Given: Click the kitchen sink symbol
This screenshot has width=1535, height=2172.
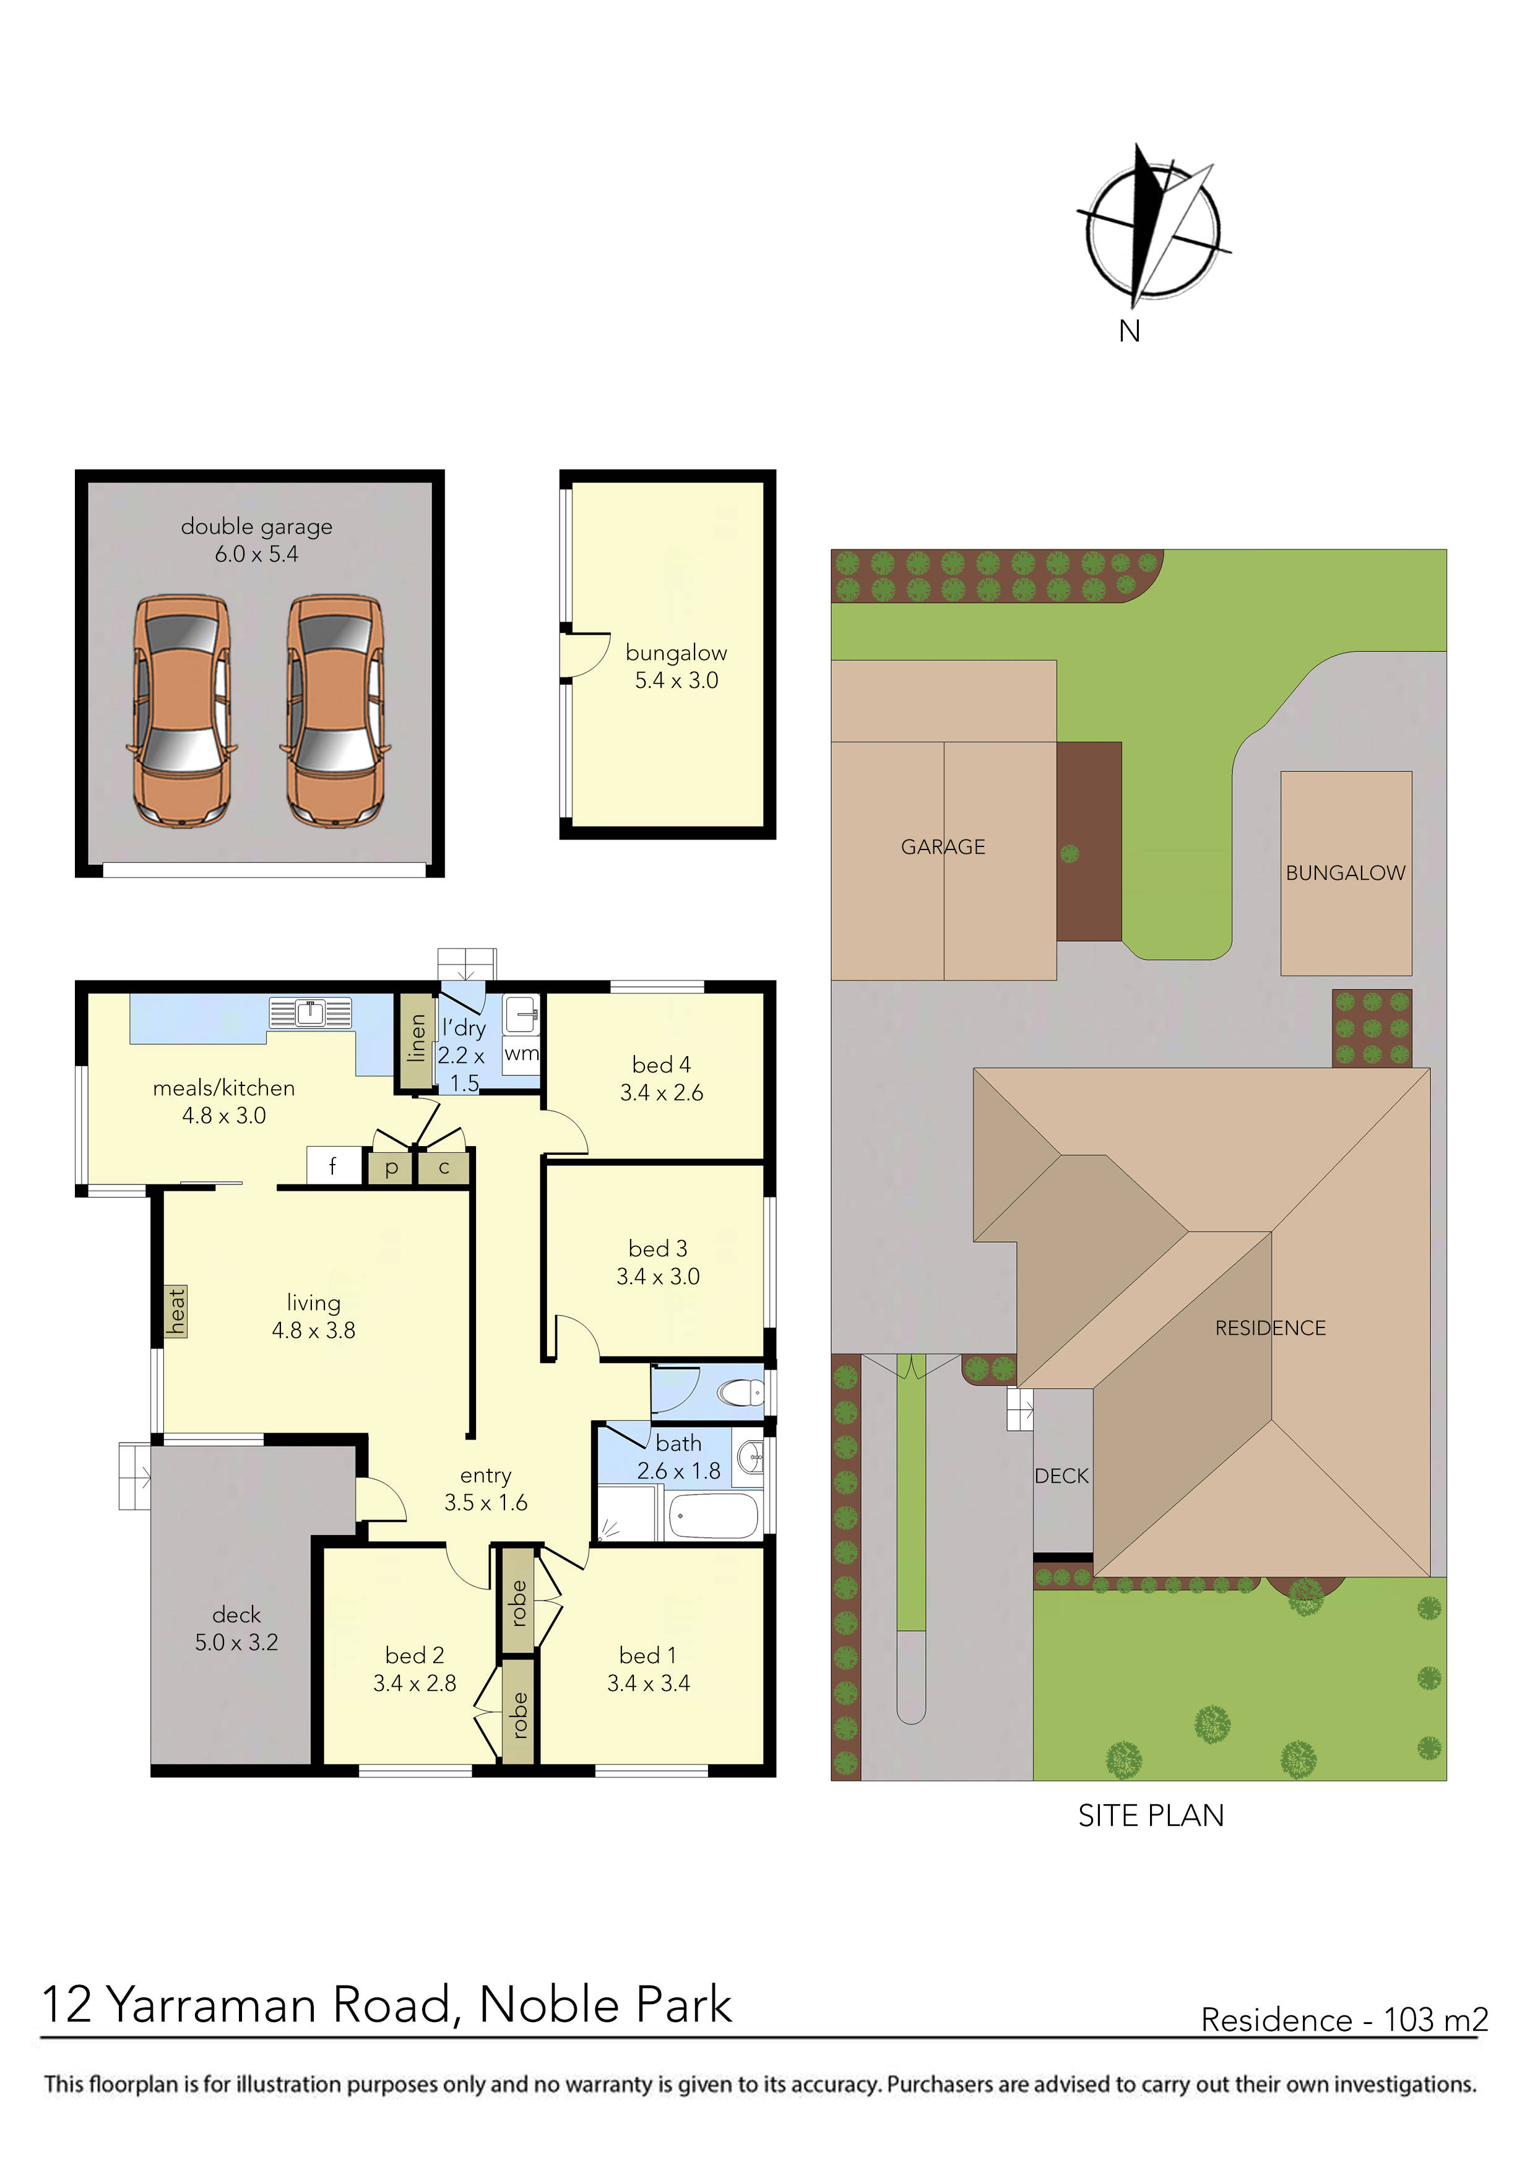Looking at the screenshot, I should (x=310, y=1013).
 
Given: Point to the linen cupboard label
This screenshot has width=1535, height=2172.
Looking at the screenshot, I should (x=416, y=1040).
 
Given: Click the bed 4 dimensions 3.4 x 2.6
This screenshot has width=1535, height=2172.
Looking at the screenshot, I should (x=661, y=1093).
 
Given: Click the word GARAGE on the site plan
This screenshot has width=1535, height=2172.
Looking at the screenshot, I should (x=942, y=846).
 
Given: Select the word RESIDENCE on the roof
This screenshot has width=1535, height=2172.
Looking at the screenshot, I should (x=1269, y=1328).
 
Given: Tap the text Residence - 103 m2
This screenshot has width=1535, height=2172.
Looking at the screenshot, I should (x=1343, y=2020).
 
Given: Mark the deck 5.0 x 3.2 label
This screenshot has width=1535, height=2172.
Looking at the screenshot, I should (x=236, y=1628).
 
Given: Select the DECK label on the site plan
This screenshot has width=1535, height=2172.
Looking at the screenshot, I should (x=1060, y=1475).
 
